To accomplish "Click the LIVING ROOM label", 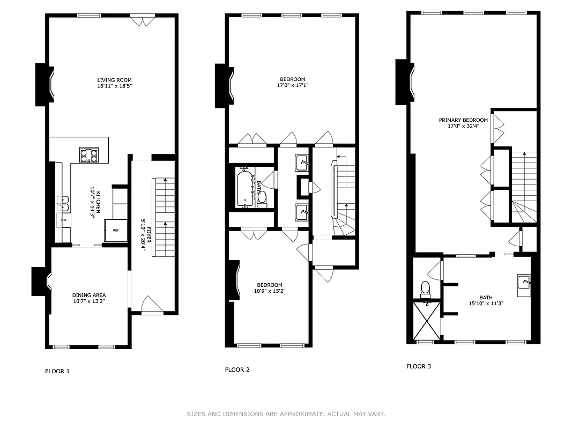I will click(114, 80).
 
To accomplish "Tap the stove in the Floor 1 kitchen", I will click(89, 155).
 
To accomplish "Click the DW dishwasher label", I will click(63, 220).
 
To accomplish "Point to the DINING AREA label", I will click(89, 295).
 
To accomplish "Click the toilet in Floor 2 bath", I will click(262, 199).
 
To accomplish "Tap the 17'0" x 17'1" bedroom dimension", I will click(292, 85).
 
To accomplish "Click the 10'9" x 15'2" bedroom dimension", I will click(269, 292).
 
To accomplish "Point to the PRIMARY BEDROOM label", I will click(463, 120).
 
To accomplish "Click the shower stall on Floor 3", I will click(427, 321).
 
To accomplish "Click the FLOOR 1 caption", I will click(57, 371).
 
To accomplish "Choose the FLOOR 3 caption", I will click(419, 367).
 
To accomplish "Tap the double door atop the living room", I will click(143, 21).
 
